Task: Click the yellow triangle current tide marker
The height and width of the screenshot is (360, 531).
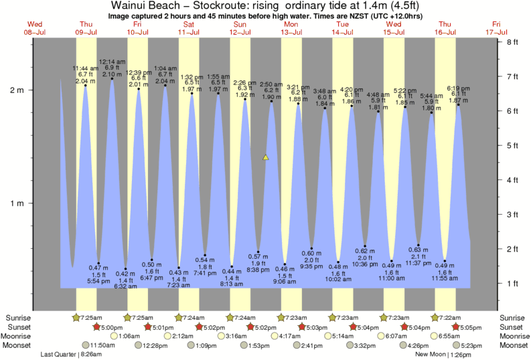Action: (x=266, y=158)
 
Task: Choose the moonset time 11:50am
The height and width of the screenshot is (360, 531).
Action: (x=101, y=345)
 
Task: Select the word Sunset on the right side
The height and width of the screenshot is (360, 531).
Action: (x=513, y=327)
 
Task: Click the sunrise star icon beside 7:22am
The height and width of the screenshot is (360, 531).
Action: (x=435, y=317)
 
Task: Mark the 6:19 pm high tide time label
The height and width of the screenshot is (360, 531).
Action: (x=458, y=88)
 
